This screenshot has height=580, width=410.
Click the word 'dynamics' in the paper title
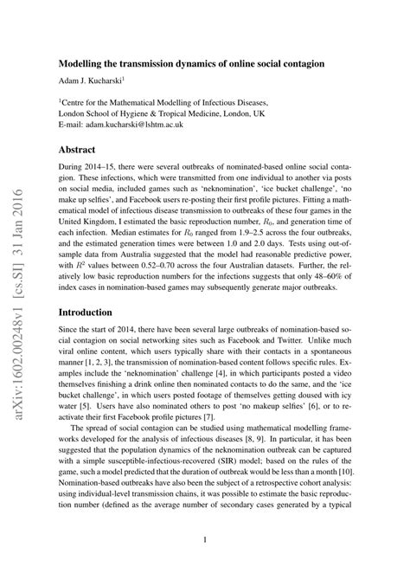click(x=176, y=64)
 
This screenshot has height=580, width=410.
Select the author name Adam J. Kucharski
click(x=95, y=81)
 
